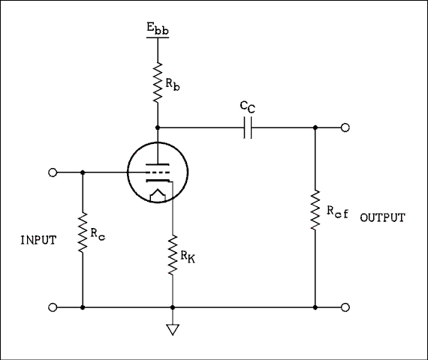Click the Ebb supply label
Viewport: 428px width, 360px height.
(x=158, y=31)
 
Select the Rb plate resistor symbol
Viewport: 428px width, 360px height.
(x=158, y=82)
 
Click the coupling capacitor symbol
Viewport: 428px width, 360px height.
(x=249, y=128)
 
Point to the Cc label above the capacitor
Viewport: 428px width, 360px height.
(x=248, y=108)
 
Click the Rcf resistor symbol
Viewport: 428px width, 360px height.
(x=315, y=211)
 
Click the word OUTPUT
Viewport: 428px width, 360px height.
(x=383, y=218)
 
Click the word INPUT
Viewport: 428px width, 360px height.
(x=38, y=241)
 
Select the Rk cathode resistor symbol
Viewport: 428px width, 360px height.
(x=173, y=255)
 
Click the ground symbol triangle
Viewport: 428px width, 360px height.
(x=173, y=328)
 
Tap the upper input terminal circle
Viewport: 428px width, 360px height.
(x=53, y=172)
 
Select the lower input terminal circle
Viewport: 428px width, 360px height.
(x=53, y=307)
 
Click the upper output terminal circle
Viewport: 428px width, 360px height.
(x=345, y=128)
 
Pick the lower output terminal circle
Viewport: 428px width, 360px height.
(x=345, y=307)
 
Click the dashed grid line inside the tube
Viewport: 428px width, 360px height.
(x=156, y=172)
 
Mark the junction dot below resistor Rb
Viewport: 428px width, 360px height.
(x=158, y=128)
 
